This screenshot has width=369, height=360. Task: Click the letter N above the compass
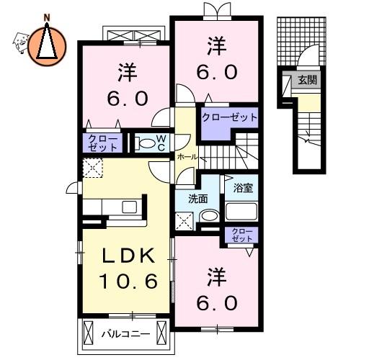point(47,17)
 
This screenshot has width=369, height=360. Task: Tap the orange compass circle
point(47,47)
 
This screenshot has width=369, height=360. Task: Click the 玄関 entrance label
point(307,80)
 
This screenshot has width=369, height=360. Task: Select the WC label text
point(161,143)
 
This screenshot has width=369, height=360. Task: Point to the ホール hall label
point(187,157)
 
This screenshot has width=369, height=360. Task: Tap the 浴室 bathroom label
point(243,188)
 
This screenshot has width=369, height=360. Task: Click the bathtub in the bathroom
point(241,212)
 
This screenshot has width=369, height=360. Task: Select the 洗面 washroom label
point(197,199)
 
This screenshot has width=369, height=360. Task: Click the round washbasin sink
point(209,215)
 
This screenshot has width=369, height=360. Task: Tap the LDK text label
point(128,256)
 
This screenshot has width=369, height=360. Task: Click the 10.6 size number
point(128,282)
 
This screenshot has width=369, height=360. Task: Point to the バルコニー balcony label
point(125,334)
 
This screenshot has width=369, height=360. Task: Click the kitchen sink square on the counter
point(129,207)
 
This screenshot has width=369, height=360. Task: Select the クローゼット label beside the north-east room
point(229,117)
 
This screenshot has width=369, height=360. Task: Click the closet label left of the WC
point(103,143)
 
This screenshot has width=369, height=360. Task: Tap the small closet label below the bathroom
point(242,235)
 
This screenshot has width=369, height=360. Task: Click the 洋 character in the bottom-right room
point(217,277)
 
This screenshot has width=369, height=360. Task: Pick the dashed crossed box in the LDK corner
point(93,168)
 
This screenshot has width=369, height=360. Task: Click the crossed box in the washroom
point(184,221)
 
